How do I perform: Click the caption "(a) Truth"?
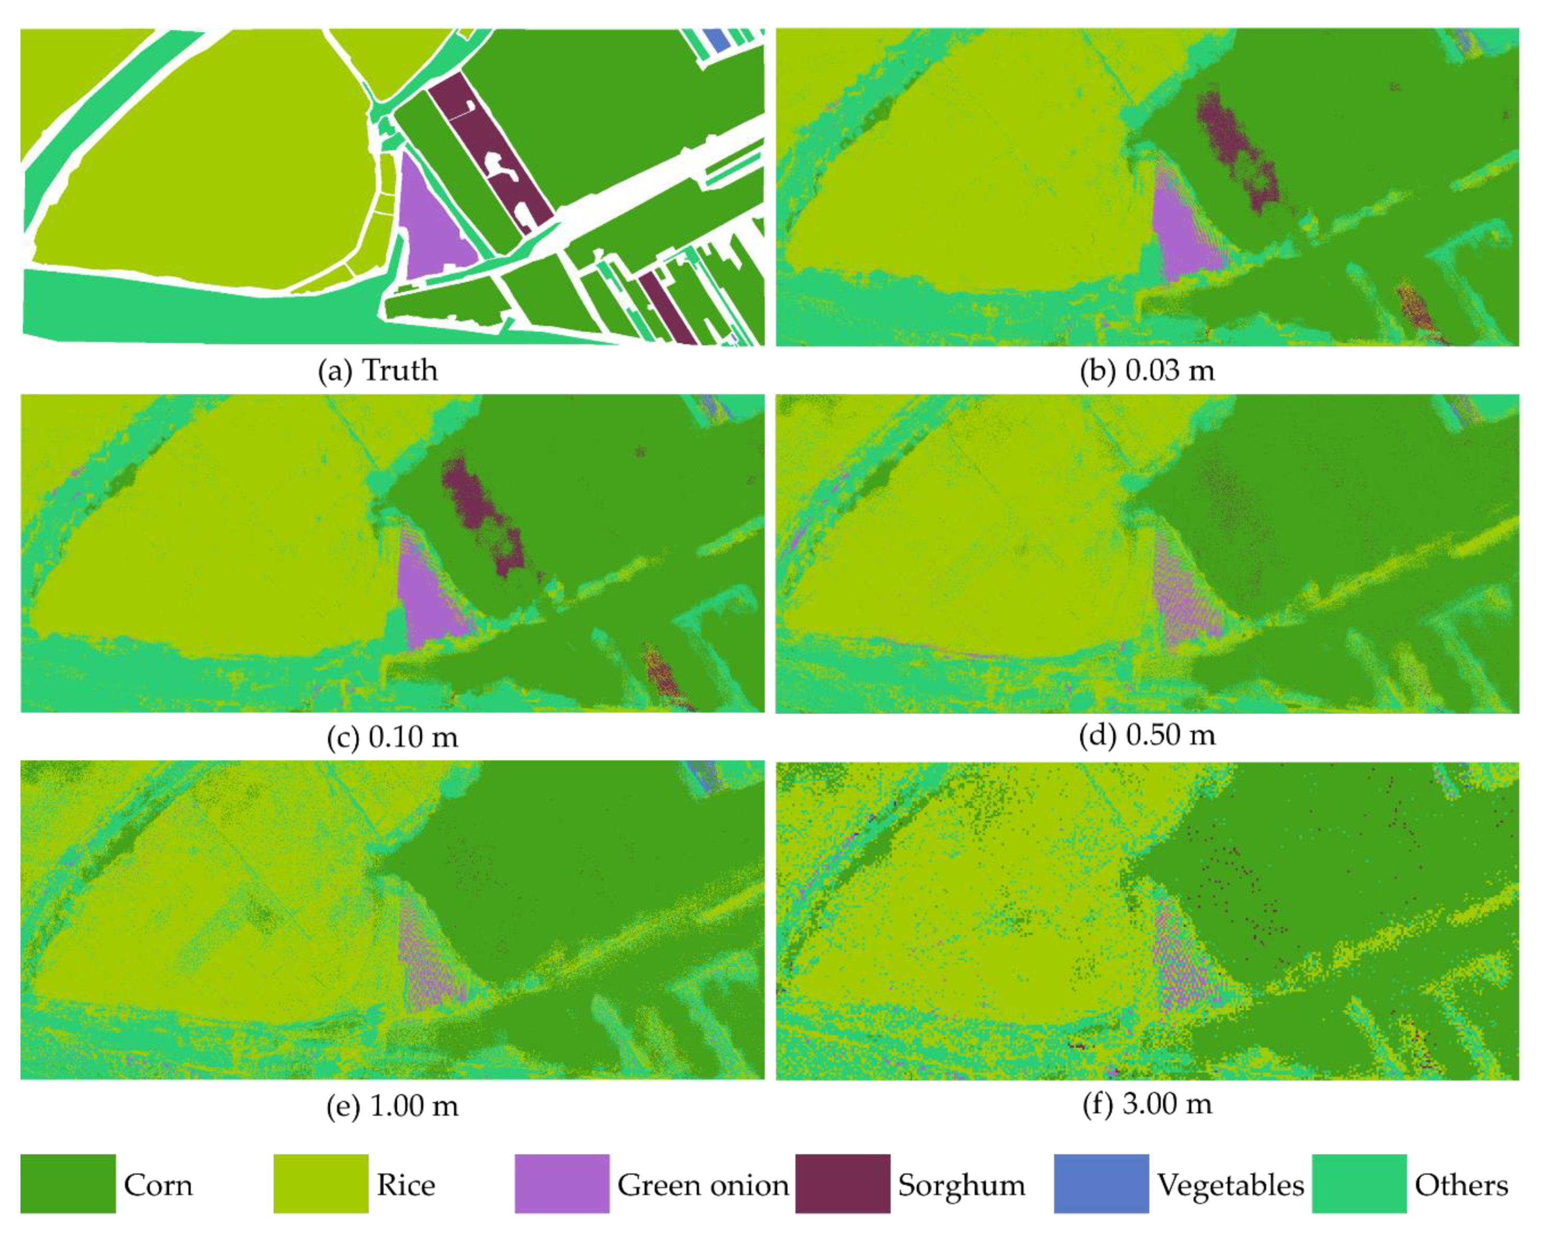click(x=378, y=371)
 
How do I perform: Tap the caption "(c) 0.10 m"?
click(x=392, y=737)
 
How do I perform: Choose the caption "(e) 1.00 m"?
click(x=392, y=1106)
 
